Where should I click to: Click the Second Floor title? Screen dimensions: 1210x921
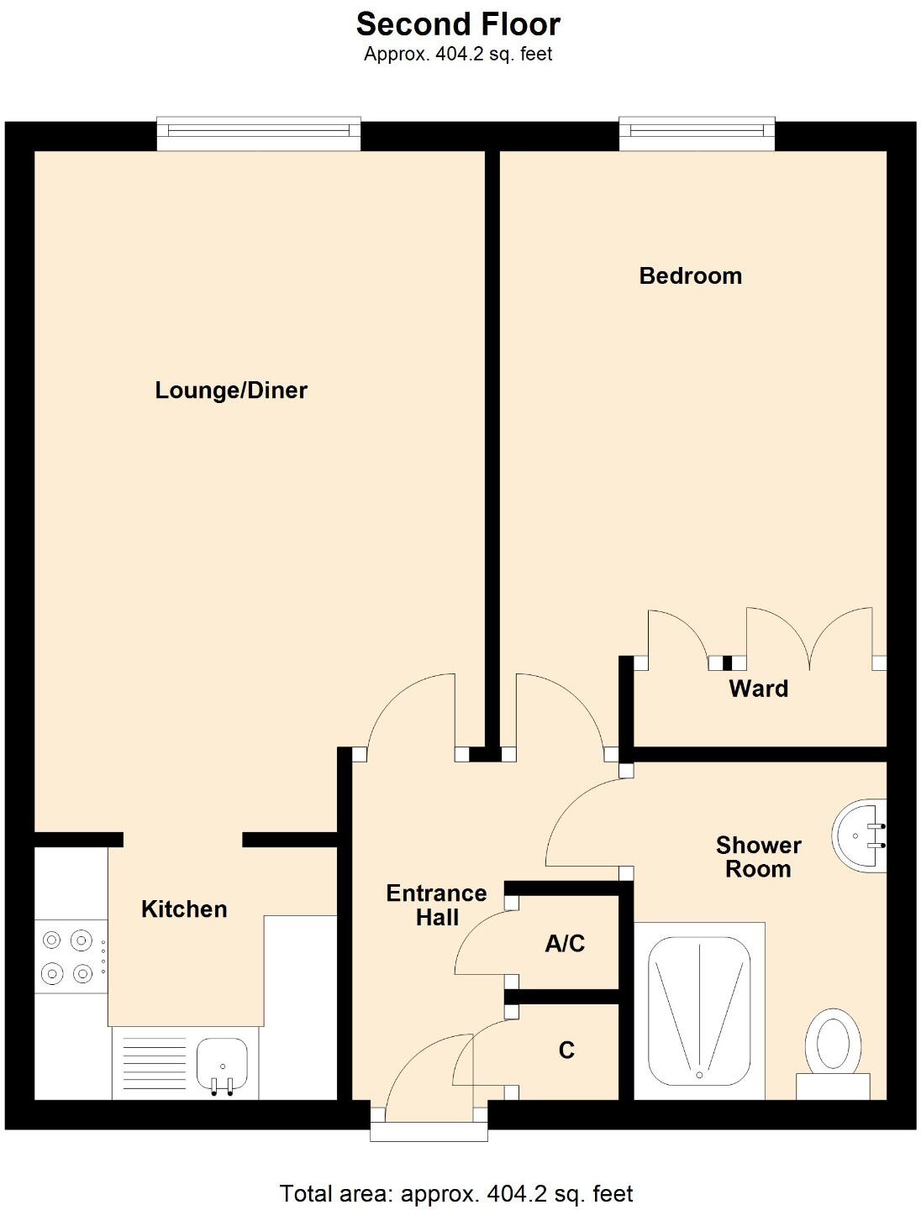(x=458, y=24)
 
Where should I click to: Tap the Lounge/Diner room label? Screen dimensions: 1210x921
(x=231, y=390)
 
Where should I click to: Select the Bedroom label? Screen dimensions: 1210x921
(x=690, y=276)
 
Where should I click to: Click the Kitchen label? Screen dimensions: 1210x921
(x=184, y=909)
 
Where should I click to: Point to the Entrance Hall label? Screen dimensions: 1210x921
(x=436, y=905)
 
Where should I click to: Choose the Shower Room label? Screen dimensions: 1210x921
(x=758, y=857)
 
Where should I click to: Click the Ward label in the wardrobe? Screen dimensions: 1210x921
(x=758, y=689)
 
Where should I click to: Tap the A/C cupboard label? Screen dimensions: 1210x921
(x=565, y=944)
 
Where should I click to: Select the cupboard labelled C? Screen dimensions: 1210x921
(x=566, y=1050)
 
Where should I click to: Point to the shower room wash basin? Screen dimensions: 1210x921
(x=858, y=836)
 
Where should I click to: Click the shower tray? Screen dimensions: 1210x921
(x=698, y=1012)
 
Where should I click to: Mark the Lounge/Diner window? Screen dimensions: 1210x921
(x=259, y=133)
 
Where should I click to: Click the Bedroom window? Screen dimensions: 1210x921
(x=697, y=132)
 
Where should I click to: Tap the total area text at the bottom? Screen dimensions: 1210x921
(x=456, y=1193)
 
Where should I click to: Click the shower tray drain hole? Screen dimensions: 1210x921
(x=698, y=1074)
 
